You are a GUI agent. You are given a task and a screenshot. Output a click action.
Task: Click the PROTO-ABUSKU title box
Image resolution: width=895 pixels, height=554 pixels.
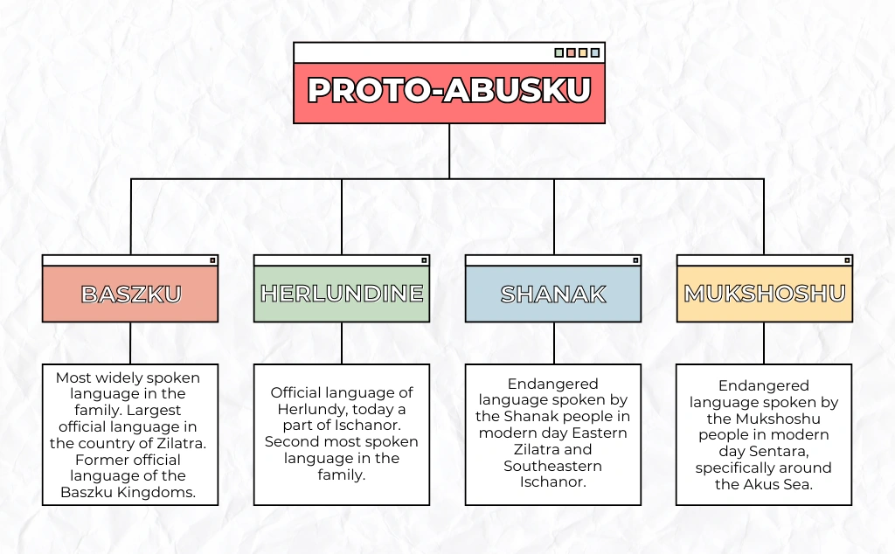(x=449, y=92)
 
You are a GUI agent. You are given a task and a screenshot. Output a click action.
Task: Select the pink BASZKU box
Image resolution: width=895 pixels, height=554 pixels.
(x=130, y=294)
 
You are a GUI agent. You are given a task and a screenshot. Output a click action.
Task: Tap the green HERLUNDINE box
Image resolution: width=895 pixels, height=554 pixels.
(x=342, y=294)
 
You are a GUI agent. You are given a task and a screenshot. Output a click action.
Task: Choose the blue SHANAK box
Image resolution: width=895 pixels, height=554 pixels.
(x=553, y=294)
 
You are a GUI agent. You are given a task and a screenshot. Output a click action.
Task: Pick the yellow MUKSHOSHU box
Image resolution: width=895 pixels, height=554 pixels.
(x=765, y=294)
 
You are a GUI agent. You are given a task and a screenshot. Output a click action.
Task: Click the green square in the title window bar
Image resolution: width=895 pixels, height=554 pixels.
(x=559, y=52)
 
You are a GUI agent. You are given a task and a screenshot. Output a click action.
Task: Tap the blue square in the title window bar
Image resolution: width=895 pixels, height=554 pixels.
(x=595, y=52)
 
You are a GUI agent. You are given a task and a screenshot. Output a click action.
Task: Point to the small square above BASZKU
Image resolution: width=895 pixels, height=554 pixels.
(x=212, y=260)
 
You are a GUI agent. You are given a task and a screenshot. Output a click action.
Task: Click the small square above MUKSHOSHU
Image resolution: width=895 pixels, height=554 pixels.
(x=847, y=260)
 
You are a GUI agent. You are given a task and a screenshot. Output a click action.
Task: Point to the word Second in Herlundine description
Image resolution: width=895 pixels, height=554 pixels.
(x=288, y=442)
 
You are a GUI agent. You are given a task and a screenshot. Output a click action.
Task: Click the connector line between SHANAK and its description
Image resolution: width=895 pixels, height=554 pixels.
(x=553, y=343)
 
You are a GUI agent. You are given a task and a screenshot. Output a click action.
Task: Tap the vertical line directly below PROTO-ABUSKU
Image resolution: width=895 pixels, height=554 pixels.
(x=449, y=150)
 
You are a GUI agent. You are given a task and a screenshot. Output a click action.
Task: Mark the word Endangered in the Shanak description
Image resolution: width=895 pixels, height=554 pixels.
(x=552, y=384)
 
